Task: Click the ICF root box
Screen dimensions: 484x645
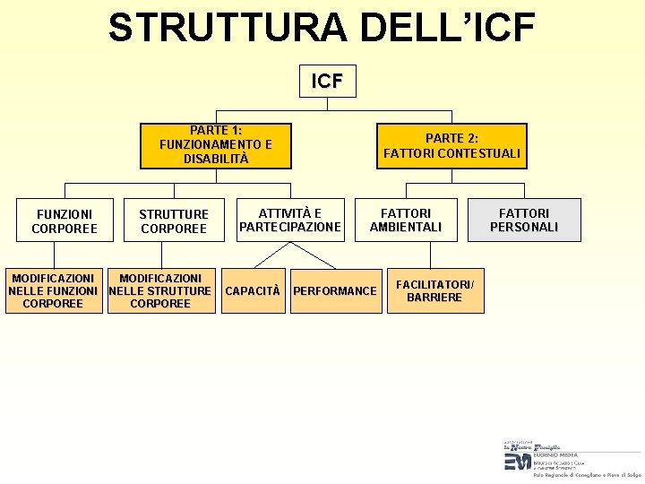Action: (327, 81)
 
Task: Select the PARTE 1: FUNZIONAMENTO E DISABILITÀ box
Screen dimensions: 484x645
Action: (216, 145)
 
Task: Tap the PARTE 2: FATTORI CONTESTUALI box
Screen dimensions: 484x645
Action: (451, 145)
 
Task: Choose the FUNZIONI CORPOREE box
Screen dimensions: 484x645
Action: (64, 220)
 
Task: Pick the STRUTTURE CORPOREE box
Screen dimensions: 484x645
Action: (173, 220)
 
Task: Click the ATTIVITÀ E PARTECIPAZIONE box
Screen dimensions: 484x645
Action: (289, 220)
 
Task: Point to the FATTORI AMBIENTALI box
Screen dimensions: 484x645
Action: (406, 220)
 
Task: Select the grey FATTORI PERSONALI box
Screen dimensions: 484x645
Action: (524, 220)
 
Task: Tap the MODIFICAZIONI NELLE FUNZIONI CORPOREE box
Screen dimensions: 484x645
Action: (53, 291)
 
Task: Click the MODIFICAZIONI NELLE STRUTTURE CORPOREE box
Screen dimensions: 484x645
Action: (160, 291)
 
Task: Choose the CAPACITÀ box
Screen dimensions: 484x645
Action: (252, 290)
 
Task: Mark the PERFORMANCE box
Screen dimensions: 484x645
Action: (335, 290)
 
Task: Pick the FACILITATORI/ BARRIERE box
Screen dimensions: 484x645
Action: (435, 290)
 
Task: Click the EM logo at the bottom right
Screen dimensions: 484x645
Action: (517, 461)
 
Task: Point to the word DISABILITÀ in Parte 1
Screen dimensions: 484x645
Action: (216, 159)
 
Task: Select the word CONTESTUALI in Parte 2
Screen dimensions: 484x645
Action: (479, 153)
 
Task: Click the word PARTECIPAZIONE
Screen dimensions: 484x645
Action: (289, 228)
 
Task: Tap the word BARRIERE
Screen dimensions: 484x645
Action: (434, 298)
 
